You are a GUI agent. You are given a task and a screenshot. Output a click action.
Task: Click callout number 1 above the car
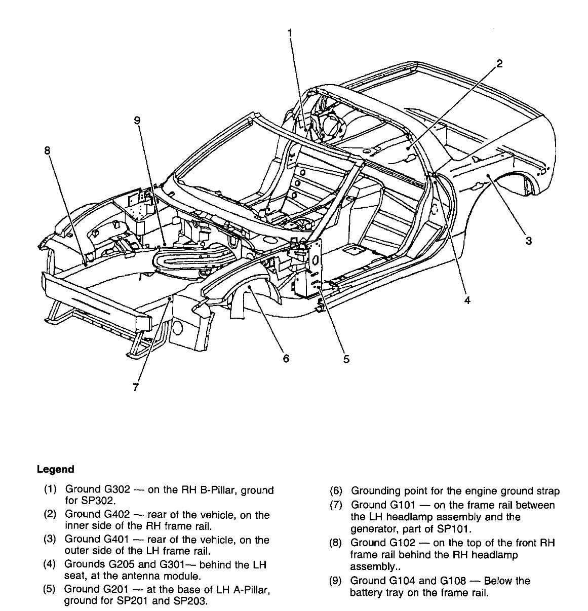(290, 33)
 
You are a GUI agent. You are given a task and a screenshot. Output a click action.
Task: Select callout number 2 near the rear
(499, 63)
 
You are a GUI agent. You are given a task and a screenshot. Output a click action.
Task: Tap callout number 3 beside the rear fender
(528, 241)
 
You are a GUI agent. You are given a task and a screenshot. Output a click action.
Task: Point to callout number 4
(467, 300)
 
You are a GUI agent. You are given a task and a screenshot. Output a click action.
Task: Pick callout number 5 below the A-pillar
(346, 359)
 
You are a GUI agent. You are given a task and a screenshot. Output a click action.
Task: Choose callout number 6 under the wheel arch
(286, 359)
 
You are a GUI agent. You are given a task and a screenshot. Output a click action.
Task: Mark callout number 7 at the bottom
(135, 387)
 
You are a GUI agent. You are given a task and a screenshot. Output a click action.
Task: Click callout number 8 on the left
(47, 150)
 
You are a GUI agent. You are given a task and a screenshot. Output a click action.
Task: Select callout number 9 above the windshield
(137, 120)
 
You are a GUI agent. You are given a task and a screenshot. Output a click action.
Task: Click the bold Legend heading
(55, 469)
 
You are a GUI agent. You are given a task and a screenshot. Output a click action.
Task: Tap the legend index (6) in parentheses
(336, 491)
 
